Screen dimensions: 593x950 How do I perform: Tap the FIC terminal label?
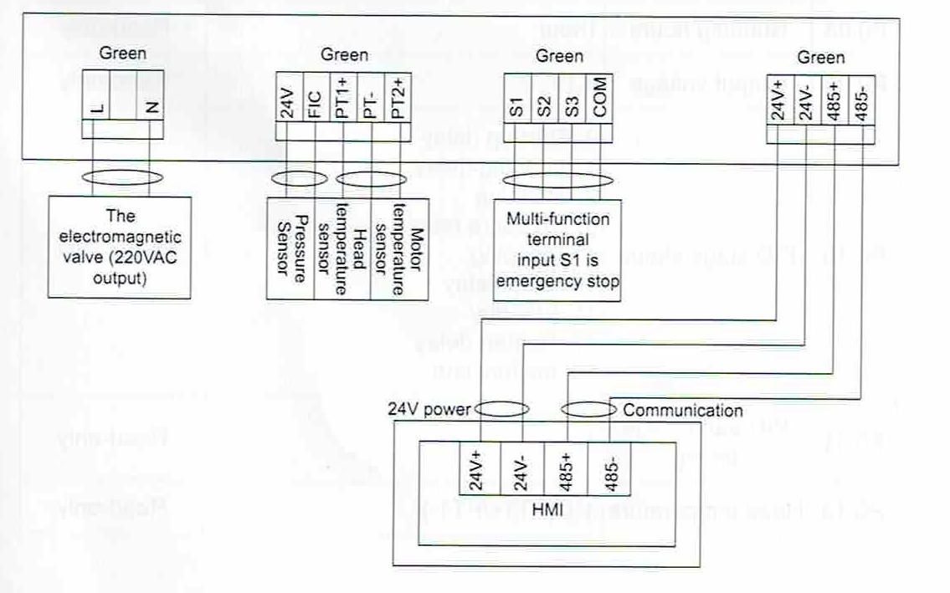tap(316, 107)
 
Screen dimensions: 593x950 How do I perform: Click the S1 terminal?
tap(517, 106)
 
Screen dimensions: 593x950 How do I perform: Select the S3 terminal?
tap(572, 106)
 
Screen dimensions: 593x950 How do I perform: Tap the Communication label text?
tap(682, 411)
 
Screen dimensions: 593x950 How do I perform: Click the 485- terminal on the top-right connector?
tap(861, 104)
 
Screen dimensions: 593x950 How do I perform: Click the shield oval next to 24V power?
tap(501, 409)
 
